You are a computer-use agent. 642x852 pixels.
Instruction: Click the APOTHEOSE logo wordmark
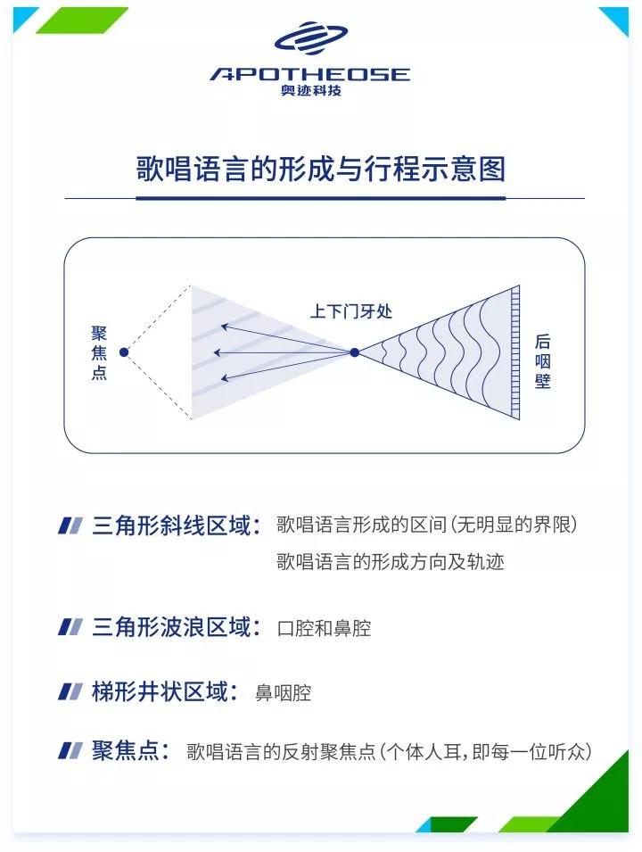(309, 74)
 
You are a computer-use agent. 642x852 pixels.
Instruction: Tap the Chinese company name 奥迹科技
(310, 91)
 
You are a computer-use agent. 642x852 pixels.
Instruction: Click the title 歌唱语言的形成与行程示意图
(320, 169)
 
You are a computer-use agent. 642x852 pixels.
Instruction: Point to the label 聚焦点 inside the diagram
(99, 352)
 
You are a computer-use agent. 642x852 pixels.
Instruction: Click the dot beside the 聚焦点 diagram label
(124, 352)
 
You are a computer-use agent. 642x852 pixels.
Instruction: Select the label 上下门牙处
(350, 312)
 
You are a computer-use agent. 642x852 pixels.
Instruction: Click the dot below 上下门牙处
(354, 352)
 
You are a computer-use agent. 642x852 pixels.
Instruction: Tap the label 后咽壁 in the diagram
(543, 361)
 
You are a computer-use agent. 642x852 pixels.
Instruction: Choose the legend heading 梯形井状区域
(164, 691)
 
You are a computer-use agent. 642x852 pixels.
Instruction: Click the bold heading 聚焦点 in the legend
(130, 750)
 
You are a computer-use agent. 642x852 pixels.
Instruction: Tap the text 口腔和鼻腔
(324, 628)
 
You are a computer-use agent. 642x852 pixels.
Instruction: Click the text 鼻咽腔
(284, 692)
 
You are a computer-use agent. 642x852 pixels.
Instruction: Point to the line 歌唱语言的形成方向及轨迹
(391, 562)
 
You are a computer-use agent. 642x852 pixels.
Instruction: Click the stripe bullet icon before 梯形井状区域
(70, 691)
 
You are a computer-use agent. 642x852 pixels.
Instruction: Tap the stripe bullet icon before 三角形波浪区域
(70, 627)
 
